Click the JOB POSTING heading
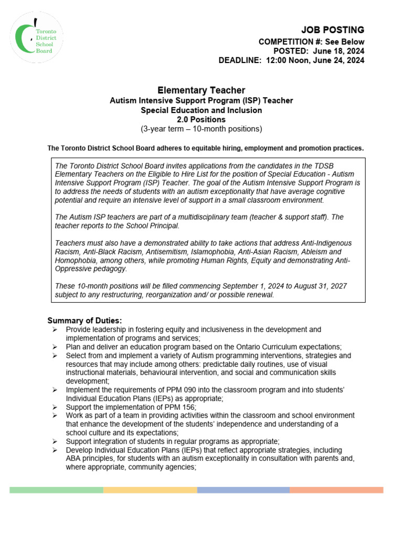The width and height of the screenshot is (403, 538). point(332,30)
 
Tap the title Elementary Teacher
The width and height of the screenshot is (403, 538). point(201,90)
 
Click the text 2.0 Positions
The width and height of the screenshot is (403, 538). point(201,119)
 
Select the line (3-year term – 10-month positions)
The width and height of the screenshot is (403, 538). point(201,129)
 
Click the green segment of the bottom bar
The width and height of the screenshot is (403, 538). point(56,490)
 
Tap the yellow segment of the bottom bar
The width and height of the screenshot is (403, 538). point(150,490)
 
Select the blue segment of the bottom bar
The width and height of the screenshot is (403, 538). point(243,490)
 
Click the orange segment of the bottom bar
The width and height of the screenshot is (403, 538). point(336,490)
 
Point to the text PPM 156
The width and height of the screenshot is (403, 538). point(178,407)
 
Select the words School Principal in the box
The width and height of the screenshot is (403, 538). point(152,226)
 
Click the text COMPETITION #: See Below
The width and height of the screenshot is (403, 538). point(311,42)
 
